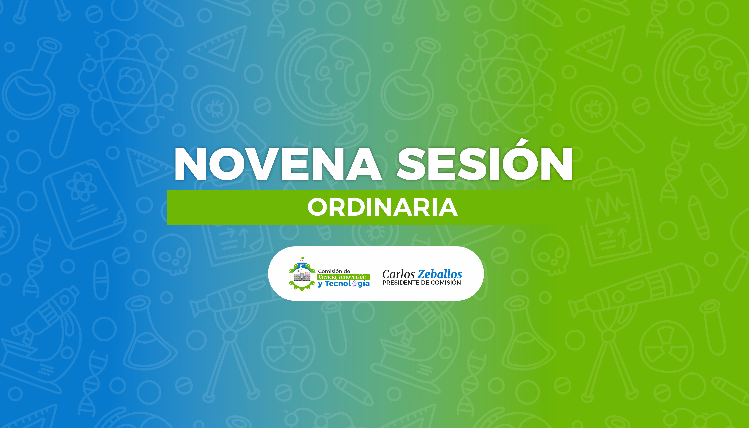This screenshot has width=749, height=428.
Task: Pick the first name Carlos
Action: pyautogui.click(x=399, y=274)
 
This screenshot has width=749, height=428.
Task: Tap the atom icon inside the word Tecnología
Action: pyautogui.click(x=355, y=284)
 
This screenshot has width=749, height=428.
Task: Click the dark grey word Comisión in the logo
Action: pyautogui.click(x=330, y=271)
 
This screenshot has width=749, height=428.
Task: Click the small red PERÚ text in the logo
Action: pyautogui.click(x=308, y=273)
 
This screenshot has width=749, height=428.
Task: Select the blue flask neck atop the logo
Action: pyautogui.click(x=302, y=265)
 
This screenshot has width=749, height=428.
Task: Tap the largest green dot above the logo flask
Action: pyautogui.click(x=302, y=258)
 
